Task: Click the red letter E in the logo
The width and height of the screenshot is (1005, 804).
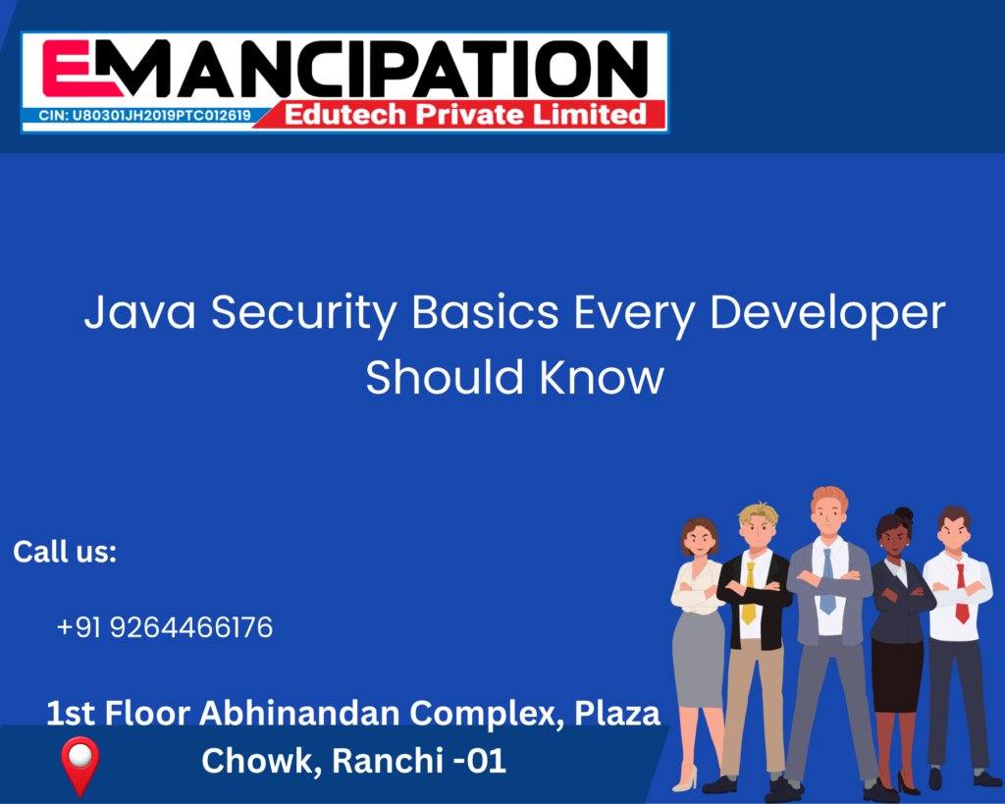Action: point(66,69)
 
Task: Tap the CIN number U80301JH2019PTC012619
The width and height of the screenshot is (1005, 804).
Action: point(162,116)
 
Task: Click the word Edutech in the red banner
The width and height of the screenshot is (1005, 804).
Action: point(345,114)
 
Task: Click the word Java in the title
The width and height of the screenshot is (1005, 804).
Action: point(139,313)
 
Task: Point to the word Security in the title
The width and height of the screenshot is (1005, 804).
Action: point(304,315)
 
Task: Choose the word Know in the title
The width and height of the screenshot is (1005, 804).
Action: point(602,377)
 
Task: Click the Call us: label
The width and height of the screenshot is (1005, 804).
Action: point(65,552)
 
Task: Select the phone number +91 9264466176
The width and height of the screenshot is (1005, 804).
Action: point(165,627)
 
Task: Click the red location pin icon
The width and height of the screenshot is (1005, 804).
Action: point(80,766)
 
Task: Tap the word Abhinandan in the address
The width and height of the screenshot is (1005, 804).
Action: point(300,713)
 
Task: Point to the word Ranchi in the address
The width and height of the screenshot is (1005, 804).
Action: point(387,761)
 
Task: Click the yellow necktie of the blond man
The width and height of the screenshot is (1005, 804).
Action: point(749,593)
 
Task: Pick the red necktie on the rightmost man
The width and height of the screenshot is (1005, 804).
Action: point(962,594)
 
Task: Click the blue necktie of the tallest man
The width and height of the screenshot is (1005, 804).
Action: point(828,581)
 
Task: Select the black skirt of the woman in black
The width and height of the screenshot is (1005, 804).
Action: point(898,675)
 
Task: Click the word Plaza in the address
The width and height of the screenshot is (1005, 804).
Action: point(616,713)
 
